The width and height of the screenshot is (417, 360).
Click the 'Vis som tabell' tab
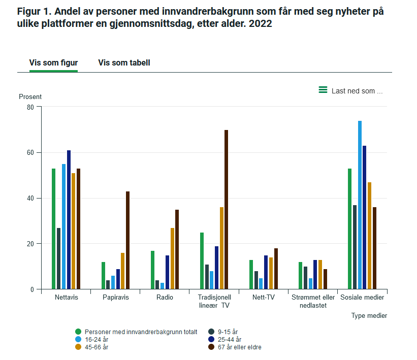coord(124,63)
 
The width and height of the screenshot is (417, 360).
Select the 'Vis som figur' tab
coord(53,63)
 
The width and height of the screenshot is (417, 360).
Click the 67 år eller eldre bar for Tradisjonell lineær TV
coord(227,209)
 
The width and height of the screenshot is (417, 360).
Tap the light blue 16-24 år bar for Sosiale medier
coord(360,205)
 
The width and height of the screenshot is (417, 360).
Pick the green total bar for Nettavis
coord(53,228)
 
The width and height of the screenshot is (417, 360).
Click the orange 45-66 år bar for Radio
coord(172,258)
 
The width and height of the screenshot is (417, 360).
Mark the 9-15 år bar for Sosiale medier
coord(355,247)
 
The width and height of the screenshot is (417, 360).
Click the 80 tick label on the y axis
coord(30,107)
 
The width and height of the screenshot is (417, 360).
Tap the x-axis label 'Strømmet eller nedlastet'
coord(313,301)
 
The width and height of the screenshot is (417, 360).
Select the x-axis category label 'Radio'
coord(165,298)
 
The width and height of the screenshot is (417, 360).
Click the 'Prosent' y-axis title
coord(30,96)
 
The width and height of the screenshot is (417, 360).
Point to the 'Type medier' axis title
coord(369,316)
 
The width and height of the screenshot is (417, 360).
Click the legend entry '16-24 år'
coord(97,340)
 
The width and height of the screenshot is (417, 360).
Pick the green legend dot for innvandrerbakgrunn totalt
coord(78,332)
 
